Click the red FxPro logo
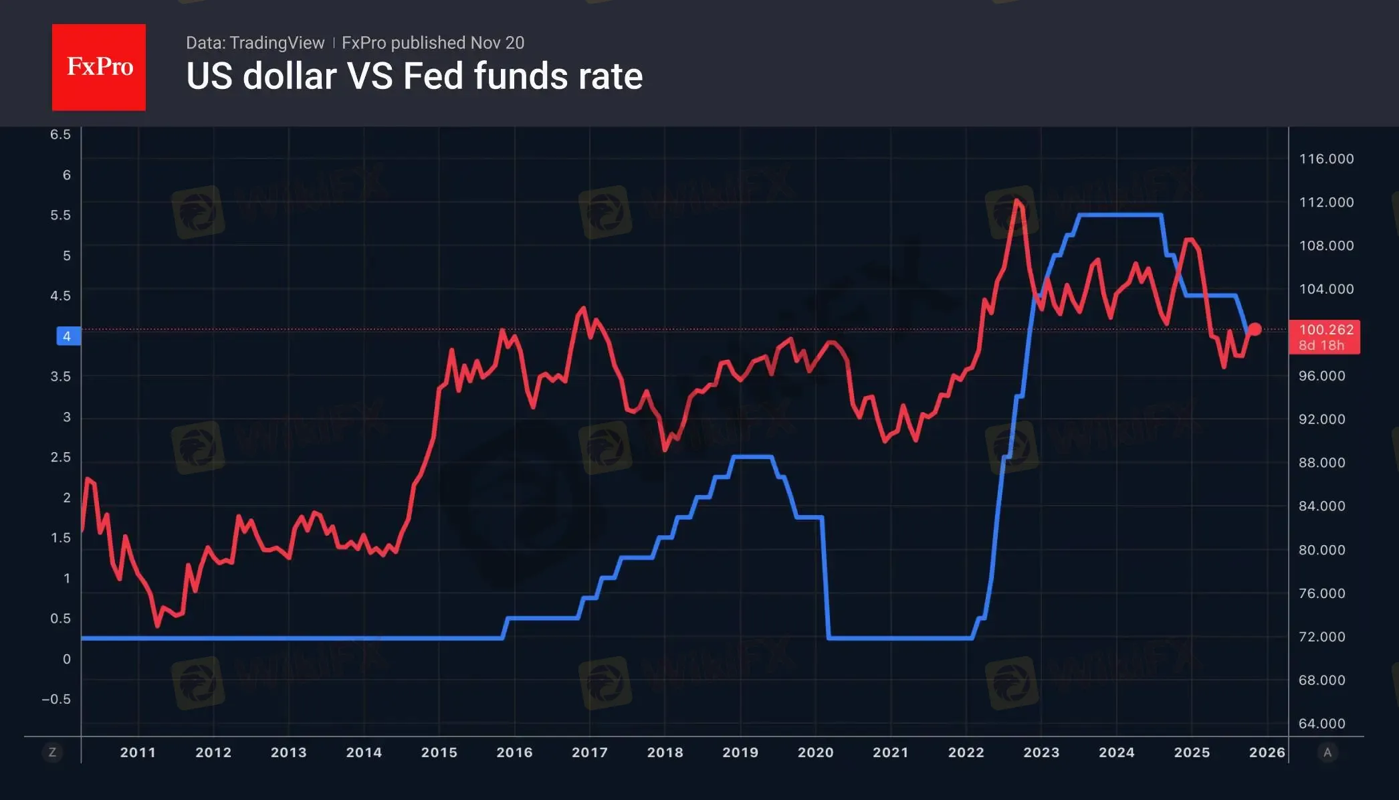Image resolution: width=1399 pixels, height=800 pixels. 99,67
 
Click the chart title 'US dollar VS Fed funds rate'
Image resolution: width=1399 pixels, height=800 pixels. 414,76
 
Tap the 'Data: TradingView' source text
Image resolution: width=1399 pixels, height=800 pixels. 255,43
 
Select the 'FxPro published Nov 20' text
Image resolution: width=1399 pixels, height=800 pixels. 433,43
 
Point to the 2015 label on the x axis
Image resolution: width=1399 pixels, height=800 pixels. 439,753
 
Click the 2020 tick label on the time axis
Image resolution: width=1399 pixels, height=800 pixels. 815,753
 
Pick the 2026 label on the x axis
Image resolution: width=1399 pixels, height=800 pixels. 1267,753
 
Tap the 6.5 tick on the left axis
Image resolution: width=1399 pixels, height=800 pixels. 60,134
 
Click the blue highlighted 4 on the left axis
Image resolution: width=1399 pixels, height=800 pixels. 68,336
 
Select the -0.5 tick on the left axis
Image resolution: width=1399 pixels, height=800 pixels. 56,700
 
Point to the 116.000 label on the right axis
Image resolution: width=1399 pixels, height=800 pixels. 1326,159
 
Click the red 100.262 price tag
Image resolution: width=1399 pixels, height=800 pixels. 1325,337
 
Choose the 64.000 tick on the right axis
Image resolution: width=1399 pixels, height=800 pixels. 1321,724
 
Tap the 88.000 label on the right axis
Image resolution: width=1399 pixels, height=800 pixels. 1321,463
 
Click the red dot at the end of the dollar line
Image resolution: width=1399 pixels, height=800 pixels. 1255,329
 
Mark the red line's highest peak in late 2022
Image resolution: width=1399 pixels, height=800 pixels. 1016,201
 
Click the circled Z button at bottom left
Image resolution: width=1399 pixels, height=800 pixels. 52,753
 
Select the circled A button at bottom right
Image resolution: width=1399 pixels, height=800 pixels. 1327,753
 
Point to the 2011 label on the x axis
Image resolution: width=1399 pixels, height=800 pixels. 138,753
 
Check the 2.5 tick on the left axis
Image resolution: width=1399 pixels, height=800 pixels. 60,458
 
